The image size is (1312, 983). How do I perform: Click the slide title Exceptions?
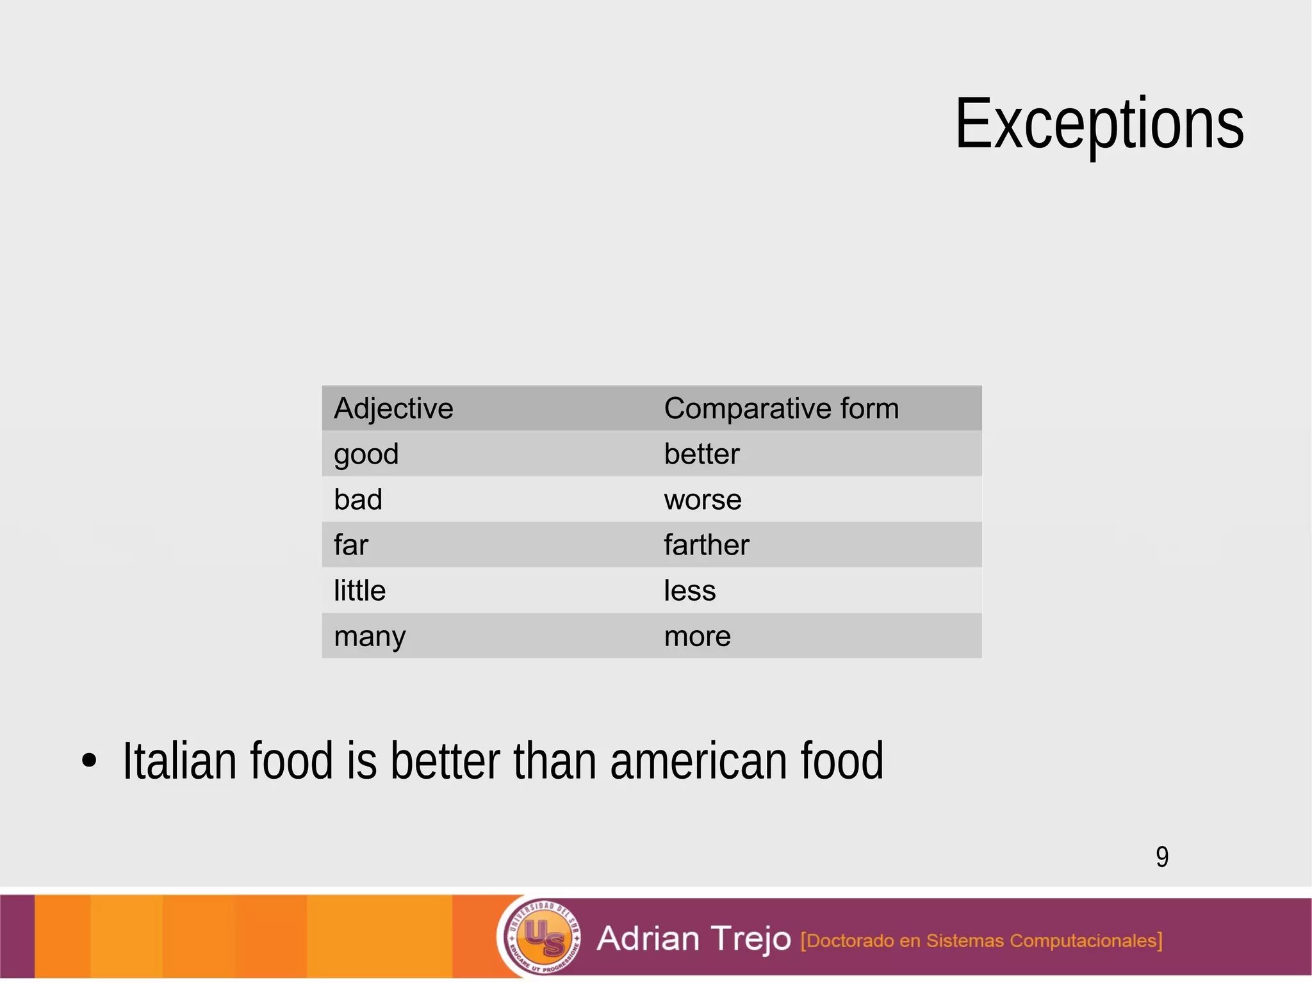pyautogui.click(x=1099, y=124)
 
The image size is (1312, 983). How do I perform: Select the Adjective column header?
pyautogui.click(x=393, y=409)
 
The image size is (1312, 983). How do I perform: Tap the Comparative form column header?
pyautogui.click(x=781, y=409)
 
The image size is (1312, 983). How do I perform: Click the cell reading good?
pyautogui.click(x=366, y=455)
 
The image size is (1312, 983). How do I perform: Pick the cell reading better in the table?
pyautogui.click(x=701, y=454)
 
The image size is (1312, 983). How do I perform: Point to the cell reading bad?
pyautogui.click(x=358, y=500)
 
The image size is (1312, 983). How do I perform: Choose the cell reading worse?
pyautogui.click(x=703, y=500)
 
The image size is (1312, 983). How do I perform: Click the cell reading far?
pyautogui.click(x=351, y=545)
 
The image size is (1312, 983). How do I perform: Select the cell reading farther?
pyautogui.click(x=706, y=545)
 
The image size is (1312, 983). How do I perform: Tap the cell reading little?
pyautogui.click(x=359, y=590)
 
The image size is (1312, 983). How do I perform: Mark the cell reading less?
pyautogui.click(x=689, y=590)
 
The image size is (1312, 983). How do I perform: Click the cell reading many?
pyautogui.click(x=370, y=637)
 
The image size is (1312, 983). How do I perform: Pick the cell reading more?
pyautogui.click(x=697, y=637)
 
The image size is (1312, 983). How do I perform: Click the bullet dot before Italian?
pyautogui.click(x=90, y=761)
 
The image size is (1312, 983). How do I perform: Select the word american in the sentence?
pyautogui.click(x=698, y=761)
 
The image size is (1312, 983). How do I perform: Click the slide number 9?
pyautogui.click(x=1162, y=857)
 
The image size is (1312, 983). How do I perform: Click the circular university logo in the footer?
pyautogui.click(x=543, y=937)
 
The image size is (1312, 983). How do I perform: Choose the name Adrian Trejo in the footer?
pyautogui.click(x=694, y=939)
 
